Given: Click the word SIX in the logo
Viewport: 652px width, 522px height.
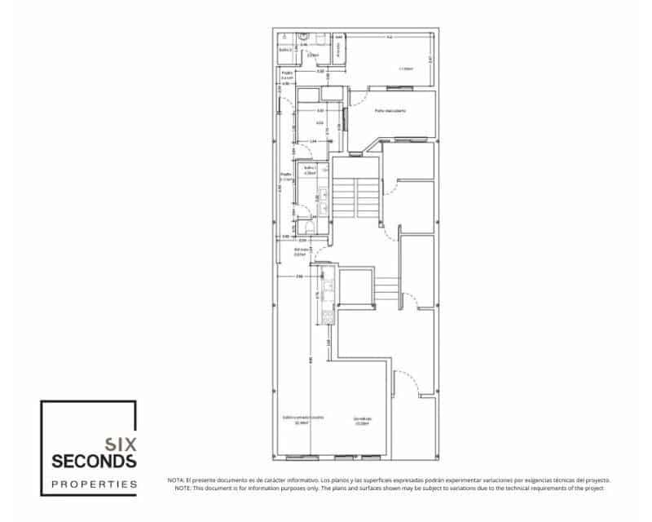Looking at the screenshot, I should (x=121, y=445).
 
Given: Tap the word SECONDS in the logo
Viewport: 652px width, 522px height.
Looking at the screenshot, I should (x=95, y=462).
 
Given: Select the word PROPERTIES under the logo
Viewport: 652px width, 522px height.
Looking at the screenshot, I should (x=95, y=484).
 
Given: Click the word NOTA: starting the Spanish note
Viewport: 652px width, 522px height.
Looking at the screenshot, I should (x=176, y=480).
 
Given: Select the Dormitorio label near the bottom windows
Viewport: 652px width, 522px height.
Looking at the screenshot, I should (x=363, y=419).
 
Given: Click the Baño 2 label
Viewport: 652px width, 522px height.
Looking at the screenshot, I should (x=285, y=50).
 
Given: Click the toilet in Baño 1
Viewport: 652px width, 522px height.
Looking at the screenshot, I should (x=304, y=228).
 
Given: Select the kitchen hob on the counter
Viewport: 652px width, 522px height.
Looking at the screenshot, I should (x=328, y=314).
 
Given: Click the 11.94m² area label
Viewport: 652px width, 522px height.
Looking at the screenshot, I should (x=405, y=69).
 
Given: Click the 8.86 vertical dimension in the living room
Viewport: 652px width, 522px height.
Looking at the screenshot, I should (x=311, y=359).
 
